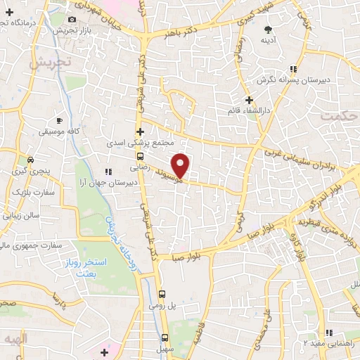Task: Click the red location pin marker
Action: (181, 165)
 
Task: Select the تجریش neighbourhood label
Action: (49, 62)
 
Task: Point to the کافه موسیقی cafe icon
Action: (59, 121)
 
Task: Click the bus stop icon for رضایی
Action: (141, 157)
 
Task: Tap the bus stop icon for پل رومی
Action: (162, 295)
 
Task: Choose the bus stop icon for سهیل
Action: (165, 337)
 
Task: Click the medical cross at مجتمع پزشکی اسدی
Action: (141, 131)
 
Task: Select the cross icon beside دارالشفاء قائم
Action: (248, 100)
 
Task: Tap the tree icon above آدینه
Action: (267, 29)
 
